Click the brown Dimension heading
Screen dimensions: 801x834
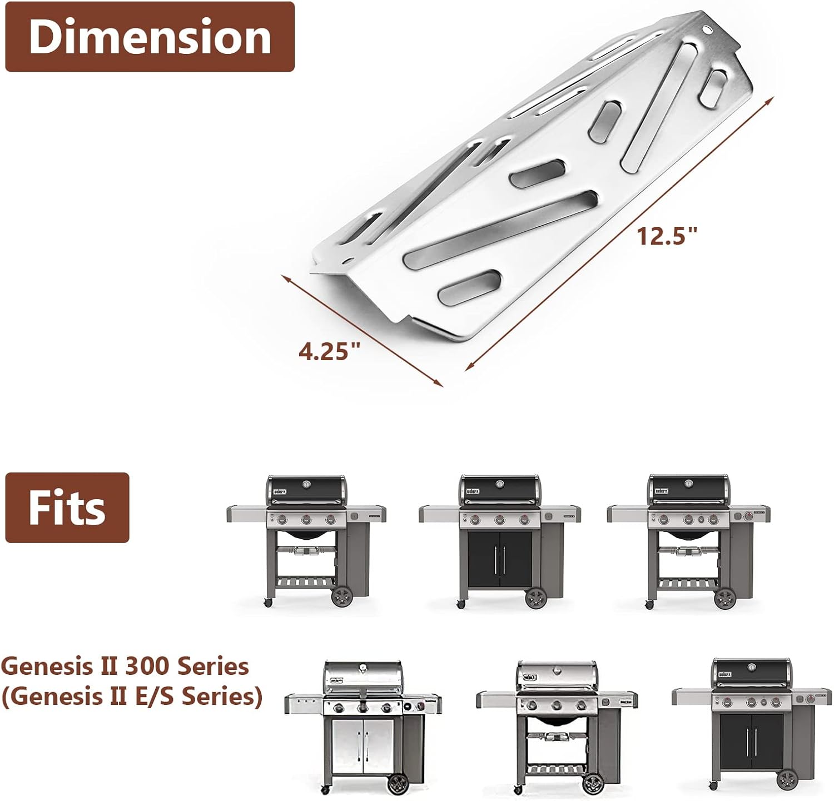[150, 37]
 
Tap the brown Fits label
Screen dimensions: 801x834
[67, 508]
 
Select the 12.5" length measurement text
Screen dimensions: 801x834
[667, 236]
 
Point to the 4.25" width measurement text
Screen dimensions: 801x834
[330, 351]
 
